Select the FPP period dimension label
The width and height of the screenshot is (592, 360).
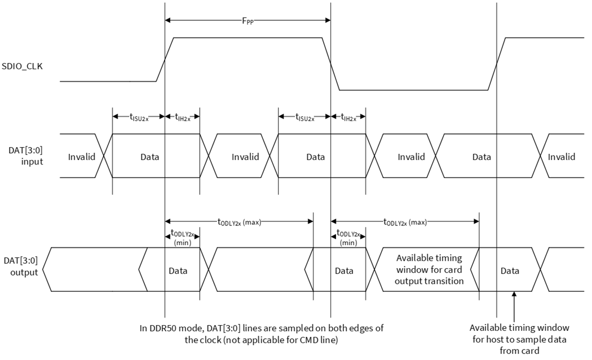coord(248,21)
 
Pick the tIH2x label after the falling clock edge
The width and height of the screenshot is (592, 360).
coord(348,117)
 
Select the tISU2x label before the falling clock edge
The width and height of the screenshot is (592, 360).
coord(304,117)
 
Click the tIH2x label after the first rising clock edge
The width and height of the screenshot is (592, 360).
coord(182,117)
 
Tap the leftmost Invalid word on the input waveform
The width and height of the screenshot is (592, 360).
coord(82,157)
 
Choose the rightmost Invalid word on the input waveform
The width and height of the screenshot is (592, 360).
coord(562,157)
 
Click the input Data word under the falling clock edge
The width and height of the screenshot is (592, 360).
coord(315,157)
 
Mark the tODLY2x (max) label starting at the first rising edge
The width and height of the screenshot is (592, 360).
coord(239,222)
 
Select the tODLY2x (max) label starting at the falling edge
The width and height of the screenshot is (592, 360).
coord(405,222)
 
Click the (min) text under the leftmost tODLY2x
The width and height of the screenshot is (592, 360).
coord(182,243)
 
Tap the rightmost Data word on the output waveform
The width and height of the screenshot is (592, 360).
coord(510,271)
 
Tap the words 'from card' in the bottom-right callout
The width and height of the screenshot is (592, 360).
coord(519,350)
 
